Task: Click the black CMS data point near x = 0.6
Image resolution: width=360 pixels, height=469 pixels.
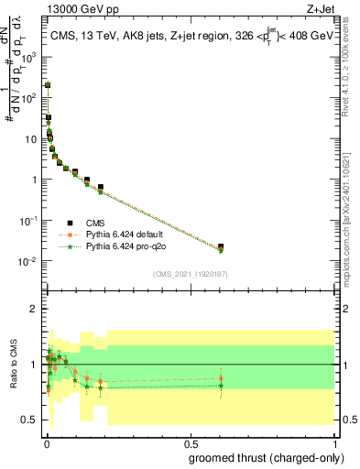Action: pos(221,246)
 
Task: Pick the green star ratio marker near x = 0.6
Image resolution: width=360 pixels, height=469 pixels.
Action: pos(221,386)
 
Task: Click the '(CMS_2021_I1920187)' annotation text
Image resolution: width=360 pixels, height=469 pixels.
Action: pos(190,274)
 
